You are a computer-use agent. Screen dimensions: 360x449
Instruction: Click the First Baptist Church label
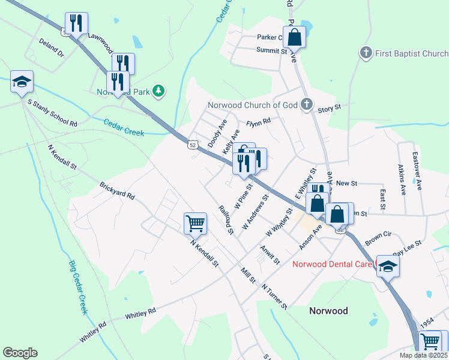click(412, 53)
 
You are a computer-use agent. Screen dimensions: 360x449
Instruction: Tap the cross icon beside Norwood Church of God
click(306, 105)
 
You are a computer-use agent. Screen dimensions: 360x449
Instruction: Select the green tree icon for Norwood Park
click(158, 91)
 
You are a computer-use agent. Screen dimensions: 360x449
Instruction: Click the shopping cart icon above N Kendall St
click(196, 224)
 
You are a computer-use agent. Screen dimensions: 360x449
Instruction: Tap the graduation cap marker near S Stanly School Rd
click(22, 82)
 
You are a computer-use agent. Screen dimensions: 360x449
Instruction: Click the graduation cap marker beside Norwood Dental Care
click(388, 266)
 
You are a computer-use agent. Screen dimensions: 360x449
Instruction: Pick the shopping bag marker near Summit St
click(295, 37)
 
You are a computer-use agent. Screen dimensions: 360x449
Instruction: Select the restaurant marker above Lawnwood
click(76, 24)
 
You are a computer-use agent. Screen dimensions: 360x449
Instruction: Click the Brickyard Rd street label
click(118, 191)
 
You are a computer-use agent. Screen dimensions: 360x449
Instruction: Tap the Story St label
click(329, 108)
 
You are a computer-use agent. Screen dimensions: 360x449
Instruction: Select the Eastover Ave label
click(417, 171)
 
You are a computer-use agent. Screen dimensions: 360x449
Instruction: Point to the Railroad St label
click(226, 218)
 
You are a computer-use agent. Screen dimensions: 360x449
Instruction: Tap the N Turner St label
click(274, 296)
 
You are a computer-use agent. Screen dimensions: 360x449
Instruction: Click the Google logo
click(20, 353)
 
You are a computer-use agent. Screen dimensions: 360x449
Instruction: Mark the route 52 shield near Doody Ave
click(192, 145)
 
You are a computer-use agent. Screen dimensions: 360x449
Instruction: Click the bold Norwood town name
click(328, 311)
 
